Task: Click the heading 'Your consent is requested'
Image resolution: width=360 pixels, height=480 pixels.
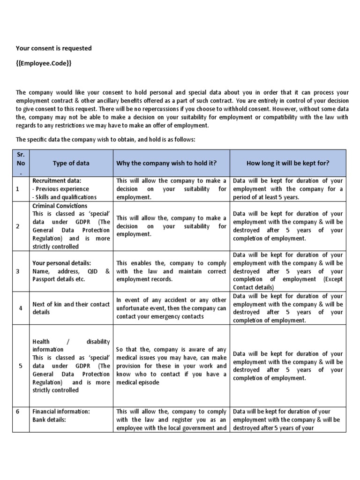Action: click(54, 48)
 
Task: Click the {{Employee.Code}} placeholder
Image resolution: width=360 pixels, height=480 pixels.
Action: click(44, 63)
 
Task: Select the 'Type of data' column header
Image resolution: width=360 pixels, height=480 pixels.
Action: click(71, 163)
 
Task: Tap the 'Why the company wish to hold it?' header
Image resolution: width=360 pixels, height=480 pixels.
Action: click(166, 163)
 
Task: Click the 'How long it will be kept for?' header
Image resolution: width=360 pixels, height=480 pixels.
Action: click(288, 163)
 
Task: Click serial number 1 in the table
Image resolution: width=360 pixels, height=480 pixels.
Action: click(18, 189)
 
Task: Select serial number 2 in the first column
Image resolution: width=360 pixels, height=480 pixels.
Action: click(18, 226)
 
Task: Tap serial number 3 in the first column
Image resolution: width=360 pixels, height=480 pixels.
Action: click(18, 271)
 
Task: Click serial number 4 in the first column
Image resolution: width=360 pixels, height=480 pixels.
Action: click(20, 308)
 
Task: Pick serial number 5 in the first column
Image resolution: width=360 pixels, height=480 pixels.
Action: click(20, 366)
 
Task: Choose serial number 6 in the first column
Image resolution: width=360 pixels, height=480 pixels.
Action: click(18, 412)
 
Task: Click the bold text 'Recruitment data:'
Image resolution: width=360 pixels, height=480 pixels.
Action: click(56, 180)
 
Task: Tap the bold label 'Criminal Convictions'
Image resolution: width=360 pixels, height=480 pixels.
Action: click(60, 206)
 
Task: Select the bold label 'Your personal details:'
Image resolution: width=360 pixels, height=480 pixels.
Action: click(61, 263)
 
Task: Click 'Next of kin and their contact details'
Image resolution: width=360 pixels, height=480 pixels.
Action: click(71, 308)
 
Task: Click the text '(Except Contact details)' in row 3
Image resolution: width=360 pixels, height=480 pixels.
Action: click(288, 283)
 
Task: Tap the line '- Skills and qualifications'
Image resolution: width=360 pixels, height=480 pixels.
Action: click(64, 197)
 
